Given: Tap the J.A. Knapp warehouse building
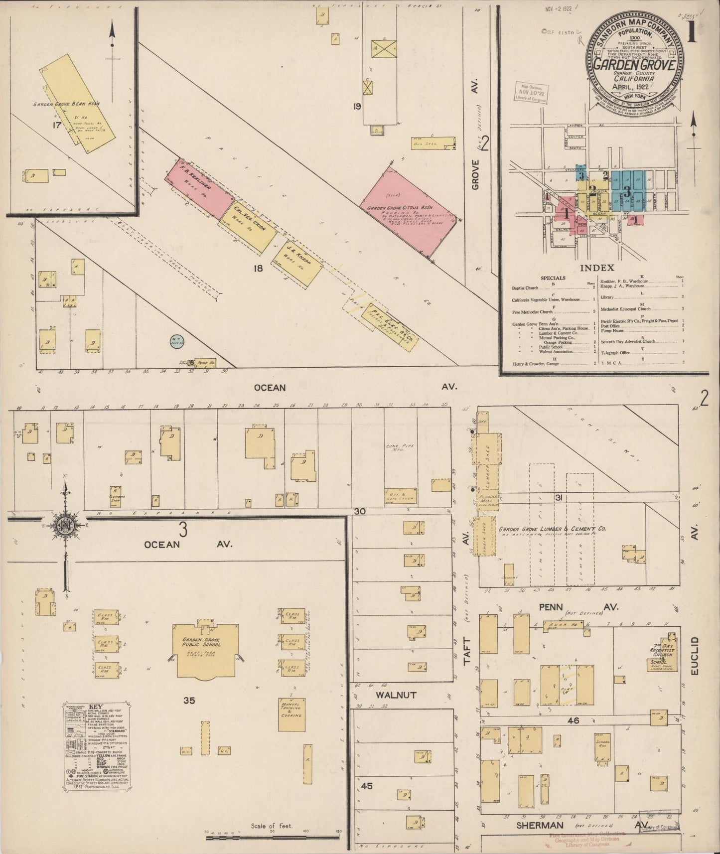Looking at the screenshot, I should [x=297, y=264].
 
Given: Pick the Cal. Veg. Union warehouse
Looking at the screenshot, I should [x=248, y=227].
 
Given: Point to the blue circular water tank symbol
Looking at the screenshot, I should [x=175, y=342].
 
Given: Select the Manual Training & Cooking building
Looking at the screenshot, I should [x=291, y=714].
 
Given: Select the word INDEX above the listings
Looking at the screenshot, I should [x=597, y=268].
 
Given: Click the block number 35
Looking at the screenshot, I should [x=189, y=701].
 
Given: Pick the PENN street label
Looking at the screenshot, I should [x=550, y=607].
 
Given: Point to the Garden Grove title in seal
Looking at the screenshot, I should [x=633, y=65].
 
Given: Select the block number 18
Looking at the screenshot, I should [x=258, y=269].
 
